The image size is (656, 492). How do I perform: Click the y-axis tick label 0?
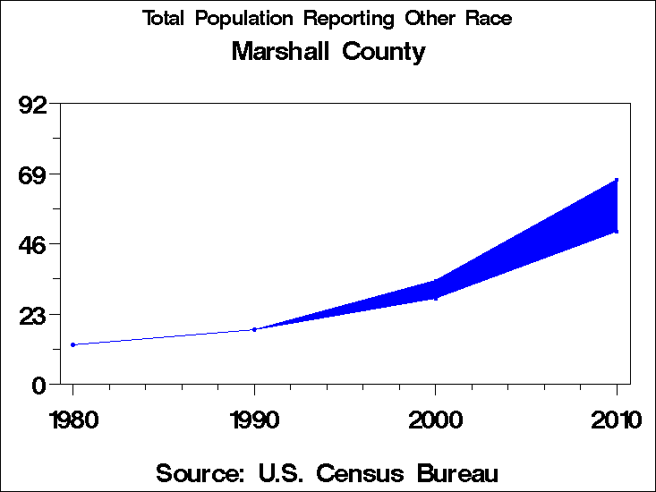pyautogui.click(x=39, y=385)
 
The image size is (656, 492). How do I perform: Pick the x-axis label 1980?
pyautogui.click(x=72, y=420)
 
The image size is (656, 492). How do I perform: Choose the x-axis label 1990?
pyautogui.click(x=254, y=420)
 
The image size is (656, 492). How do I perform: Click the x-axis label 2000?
pyautogui.click(x=435, y=420)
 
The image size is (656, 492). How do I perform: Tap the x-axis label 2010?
pyautogui.click(x=616, y=420)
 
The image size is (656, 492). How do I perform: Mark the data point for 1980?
pyautogui.click(x=72, y=344)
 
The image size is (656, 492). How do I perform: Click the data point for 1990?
pyautogui.click(x=254, y=329)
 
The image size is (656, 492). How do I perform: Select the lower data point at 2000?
pyautogui.click(x=436, y=298)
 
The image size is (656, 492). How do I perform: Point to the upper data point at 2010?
pyautogui.click(x=617, y=180)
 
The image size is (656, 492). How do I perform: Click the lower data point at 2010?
pyautogui.click(x=617, y=232)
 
